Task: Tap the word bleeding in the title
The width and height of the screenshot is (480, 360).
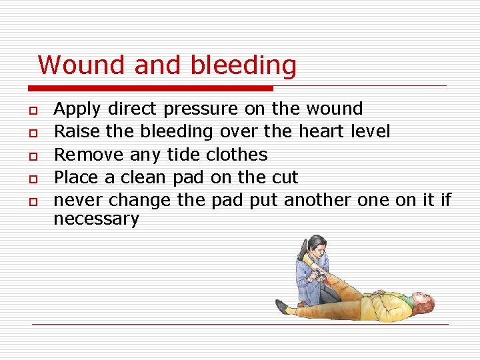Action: coord(243,66)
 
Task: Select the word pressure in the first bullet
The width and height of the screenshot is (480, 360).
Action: coord(200,109)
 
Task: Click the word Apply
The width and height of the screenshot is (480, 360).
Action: coord(77,109)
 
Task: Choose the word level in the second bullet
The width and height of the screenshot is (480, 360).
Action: coord(370,131)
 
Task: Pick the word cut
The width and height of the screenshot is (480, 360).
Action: coord(283,177)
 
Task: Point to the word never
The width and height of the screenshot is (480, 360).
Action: coord(78,200)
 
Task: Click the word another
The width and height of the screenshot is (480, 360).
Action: coord(317,200)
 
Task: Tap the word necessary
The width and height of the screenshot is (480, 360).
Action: coord(96,219)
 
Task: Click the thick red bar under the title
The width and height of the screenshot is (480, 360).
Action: coord(150,88)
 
